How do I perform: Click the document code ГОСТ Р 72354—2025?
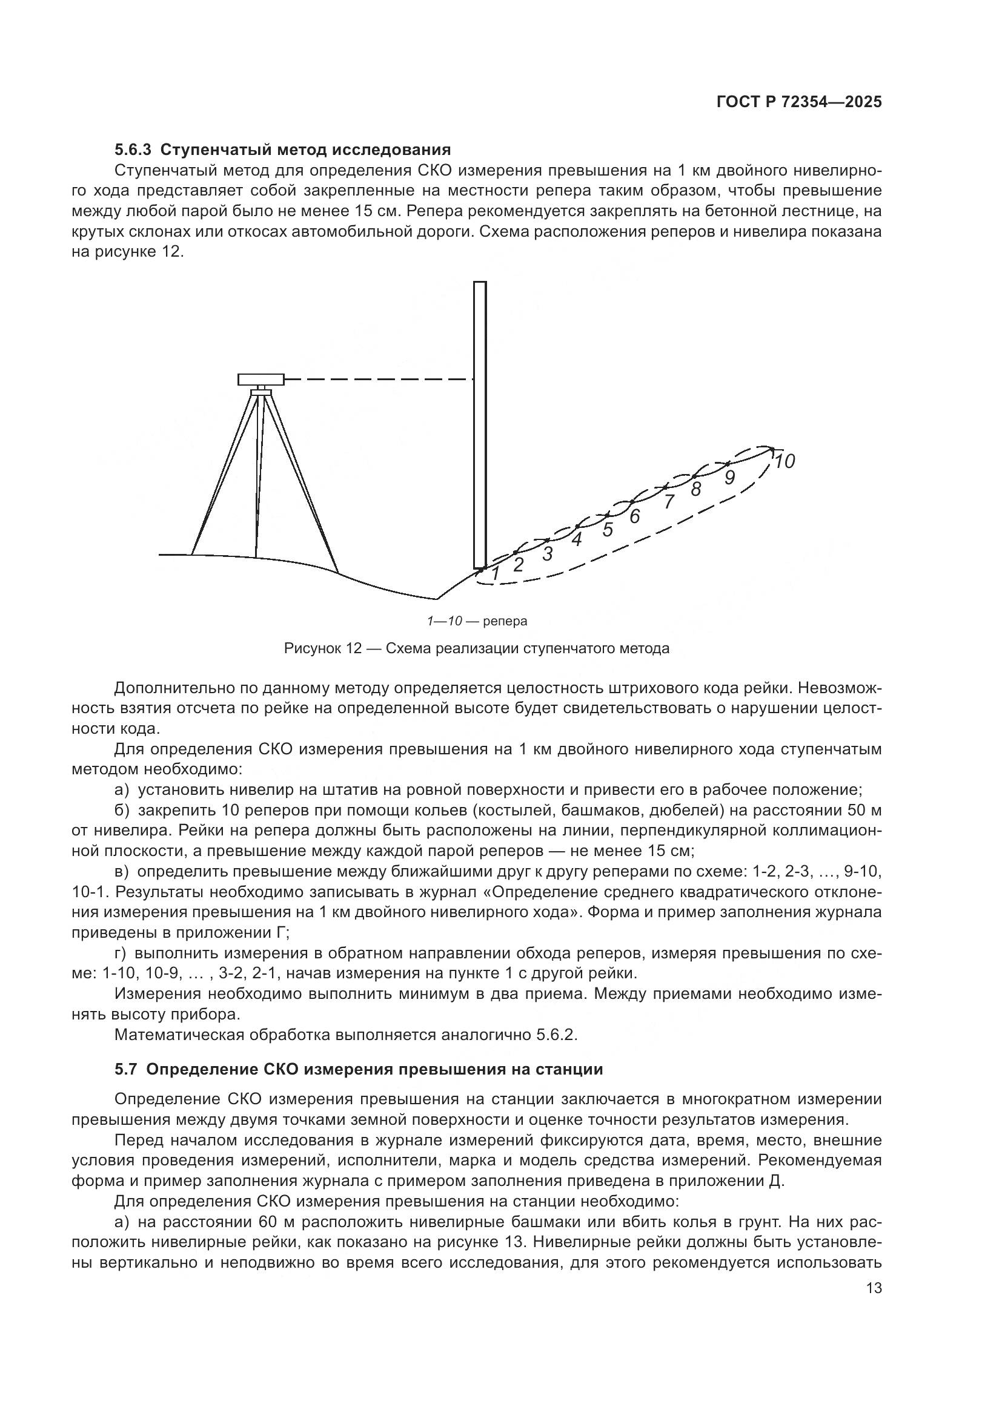[798, 102]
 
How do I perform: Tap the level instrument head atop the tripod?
[261, 378]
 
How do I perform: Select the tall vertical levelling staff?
[479, 426]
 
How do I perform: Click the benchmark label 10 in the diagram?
[784, 461]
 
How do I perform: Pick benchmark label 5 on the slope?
[608, 529]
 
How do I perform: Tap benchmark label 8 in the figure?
[696, 490]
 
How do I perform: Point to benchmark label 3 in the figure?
[547, 554]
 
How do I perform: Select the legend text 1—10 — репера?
[477, 621]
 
